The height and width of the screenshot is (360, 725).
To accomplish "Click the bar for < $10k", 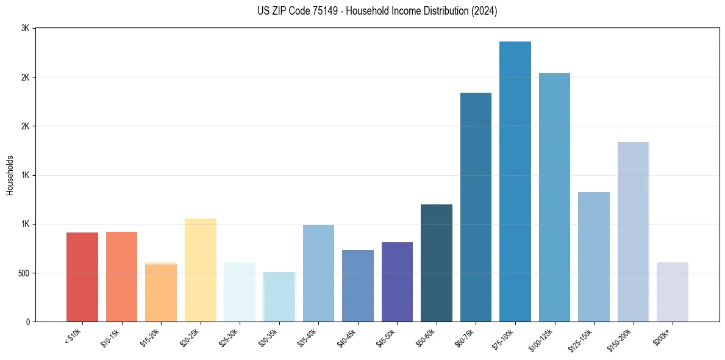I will tap(82, 277).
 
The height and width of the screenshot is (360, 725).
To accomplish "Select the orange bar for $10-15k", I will tap(121, 277).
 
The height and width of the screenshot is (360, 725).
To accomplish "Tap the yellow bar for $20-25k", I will tap(200, 270).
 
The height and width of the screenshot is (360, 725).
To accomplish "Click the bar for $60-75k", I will tap(476, 207).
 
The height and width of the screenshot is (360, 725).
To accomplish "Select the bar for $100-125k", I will tap(554, 198).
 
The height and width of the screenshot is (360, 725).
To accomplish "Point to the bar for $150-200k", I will tap(633, 232).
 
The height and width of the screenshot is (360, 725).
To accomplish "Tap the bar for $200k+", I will tap(673, 292).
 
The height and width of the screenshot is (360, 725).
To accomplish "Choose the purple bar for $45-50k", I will tap(397, 282).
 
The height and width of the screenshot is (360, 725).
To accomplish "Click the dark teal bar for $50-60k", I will tap(437, 263).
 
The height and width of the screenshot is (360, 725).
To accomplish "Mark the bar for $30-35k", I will tap(279, 297).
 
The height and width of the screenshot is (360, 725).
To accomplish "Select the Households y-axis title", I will tap(10, 175).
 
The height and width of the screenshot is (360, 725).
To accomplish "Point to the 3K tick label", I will tap(25, 29).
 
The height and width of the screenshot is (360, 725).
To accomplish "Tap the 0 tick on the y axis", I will tap(27, 322).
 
